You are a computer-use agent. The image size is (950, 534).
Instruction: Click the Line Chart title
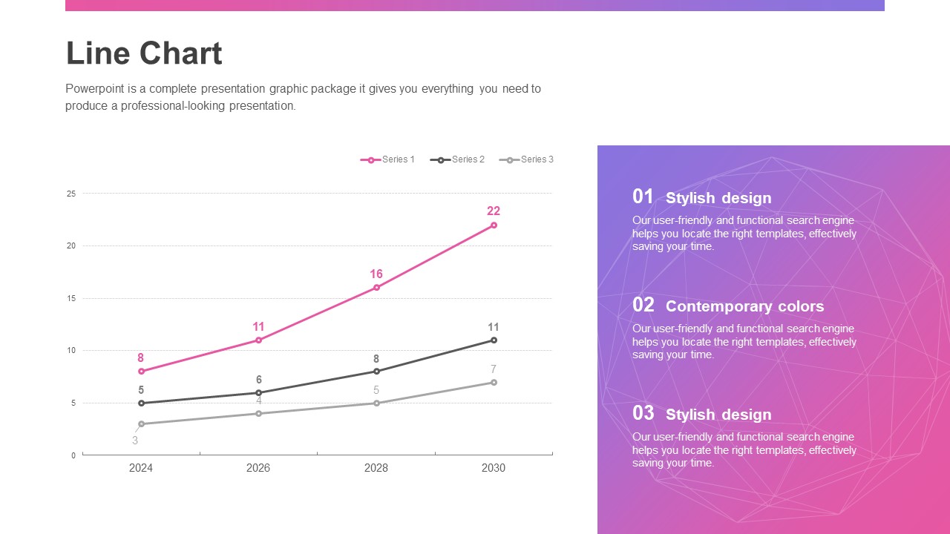(144, 53)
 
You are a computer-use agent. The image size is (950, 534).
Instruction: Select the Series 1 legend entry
(388, 159)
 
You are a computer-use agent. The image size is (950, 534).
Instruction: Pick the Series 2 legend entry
(458, 159)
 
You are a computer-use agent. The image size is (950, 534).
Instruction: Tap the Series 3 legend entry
(527, 159)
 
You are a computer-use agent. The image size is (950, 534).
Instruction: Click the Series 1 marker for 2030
(494, 225)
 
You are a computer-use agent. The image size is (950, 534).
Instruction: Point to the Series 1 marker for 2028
(376, 287)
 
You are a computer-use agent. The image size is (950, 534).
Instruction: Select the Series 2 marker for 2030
(494, 340)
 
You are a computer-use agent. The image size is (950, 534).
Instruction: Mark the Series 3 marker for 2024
(141, 423)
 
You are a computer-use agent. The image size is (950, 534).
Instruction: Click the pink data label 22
(494, 211)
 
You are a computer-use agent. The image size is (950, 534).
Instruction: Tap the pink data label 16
(376, 274)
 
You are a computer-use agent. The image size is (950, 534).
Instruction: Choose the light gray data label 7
(494, 369)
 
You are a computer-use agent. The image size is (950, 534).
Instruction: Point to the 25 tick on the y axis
(71, 194)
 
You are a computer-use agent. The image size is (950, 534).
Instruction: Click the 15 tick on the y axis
(71, 298)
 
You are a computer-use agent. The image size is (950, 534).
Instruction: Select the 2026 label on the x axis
(258, 468)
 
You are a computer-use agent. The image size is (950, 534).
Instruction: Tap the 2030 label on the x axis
(494, 468)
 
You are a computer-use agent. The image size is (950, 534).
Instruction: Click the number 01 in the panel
(643, 197)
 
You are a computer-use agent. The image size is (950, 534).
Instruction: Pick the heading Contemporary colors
(744, 306)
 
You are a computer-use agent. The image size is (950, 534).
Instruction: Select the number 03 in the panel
(643, 413)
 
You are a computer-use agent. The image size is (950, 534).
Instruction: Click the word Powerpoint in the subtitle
(94, 89)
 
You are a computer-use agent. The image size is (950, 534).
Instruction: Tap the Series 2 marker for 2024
(141, 403)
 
